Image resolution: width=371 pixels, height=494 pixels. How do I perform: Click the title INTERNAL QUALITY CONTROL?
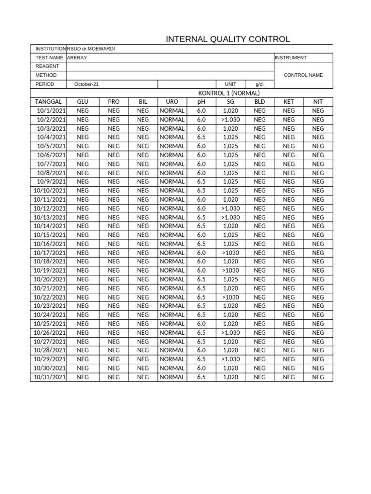pyautogui.click(x=228, y=40)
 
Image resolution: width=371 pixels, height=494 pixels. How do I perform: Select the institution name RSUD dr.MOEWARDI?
pyautogui.click(x=91, y=49)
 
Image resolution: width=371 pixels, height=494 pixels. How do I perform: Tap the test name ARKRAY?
pyautogui.click(x=77, y=57)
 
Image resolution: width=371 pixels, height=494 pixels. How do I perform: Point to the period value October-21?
pyautogui.click(x=86, y=84)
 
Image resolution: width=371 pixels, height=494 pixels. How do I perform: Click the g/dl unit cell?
pyautogui.click(x=259, y=84)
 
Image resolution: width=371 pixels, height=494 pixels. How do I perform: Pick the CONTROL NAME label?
pyautogui.click(x=303, y=75)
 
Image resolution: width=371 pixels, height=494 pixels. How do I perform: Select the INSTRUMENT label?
pyautogui.click(x=291, y=57)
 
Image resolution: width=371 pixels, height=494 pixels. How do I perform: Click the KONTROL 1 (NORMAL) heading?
pyautogui.click(x=229, y=93)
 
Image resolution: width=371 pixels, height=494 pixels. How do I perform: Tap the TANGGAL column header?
pyautogui.click(x=48, y=102)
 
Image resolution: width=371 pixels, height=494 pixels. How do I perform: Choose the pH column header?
pyautogui.click(x=201, y=102)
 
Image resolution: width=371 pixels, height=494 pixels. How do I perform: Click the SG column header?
pyautogui.click(x=230, y=102)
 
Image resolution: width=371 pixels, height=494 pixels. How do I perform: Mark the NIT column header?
pyautogui.click(x=318, y=102)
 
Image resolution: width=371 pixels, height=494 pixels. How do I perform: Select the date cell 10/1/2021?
pyautogui.click(x=51, y=110)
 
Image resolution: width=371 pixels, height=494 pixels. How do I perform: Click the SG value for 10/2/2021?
pyautogui.click(x=230, y=120)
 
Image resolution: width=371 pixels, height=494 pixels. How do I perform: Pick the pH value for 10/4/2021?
pyautogui.click(x=201, y=137)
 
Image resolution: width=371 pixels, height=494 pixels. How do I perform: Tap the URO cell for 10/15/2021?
pyautogui.click(x=172, y=235)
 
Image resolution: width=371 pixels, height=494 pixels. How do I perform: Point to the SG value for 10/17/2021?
pyautogui.click(x=230, y=253)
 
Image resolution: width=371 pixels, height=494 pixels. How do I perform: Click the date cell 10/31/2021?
pyautogui.click(x=49, y=377)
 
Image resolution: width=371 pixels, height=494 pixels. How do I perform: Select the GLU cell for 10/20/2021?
pyautogui.click(x=83, y=279)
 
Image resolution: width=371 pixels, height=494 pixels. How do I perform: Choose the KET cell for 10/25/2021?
pyautogui.click(x=289, y=324)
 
